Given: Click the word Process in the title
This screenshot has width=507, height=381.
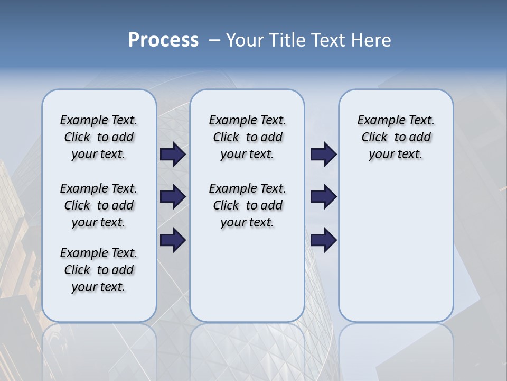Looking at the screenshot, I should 163,40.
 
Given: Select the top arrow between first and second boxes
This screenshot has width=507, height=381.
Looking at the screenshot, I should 173,154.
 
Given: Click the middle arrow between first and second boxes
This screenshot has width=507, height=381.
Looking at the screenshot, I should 173,197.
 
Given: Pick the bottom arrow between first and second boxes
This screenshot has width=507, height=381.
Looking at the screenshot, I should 173,240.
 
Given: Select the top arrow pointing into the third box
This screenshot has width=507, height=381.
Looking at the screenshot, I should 323,154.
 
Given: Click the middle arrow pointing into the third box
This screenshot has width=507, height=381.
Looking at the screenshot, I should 323,197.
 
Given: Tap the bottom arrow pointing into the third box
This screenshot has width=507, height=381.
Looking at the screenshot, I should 323,240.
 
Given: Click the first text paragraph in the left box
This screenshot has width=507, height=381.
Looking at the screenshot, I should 99,137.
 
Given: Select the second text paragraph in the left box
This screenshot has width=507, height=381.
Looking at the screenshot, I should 99,205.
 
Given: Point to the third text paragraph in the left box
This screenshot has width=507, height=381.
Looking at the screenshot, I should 99,270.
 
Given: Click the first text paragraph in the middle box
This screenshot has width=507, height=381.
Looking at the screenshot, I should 247,137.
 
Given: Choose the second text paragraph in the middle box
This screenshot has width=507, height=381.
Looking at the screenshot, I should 247,205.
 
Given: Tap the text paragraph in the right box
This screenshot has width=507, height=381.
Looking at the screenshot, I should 396,137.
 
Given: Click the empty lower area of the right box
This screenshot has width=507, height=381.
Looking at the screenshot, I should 396,254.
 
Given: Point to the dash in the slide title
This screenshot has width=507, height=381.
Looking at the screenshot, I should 214,40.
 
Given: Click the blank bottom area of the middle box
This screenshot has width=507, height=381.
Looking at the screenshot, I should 247,280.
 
